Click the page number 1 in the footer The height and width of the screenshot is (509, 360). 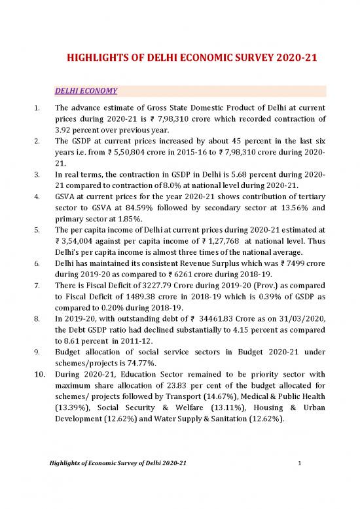[298, 482]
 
